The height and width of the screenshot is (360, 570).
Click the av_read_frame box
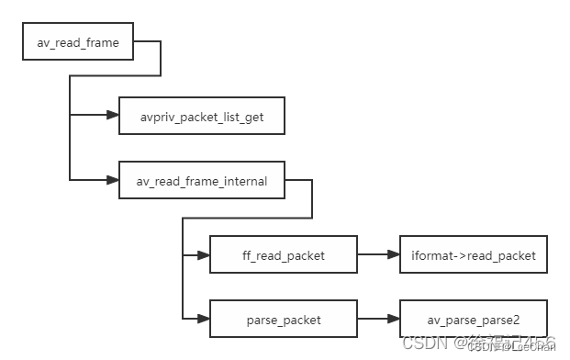(x=78, y=42)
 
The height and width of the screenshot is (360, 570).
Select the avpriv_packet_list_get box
(x=201, y=116)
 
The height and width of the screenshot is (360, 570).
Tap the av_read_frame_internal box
(x=201, y=181)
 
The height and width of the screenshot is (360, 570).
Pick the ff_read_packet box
(x=283, y=254)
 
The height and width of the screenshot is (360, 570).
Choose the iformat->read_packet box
(x=473, y=254)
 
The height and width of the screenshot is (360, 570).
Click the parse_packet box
(x=283, y=319)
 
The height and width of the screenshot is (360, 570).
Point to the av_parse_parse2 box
(x=473, y=319)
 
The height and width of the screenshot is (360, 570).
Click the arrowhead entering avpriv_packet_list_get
(x=112, y=116)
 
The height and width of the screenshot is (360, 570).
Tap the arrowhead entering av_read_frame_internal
(x=112, y=181)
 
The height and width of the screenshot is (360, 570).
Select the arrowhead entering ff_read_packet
(x=203, y=254)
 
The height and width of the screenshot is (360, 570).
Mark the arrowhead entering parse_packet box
(x=203, y=319)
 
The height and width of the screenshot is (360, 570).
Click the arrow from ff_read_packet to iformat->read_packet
(x=376, y=254)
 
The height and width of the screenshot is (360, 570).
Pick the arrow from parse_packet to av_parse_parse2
(x=376, y=319)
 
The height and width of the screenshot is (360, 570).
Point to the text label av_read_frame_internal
(x=201, y=181)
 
